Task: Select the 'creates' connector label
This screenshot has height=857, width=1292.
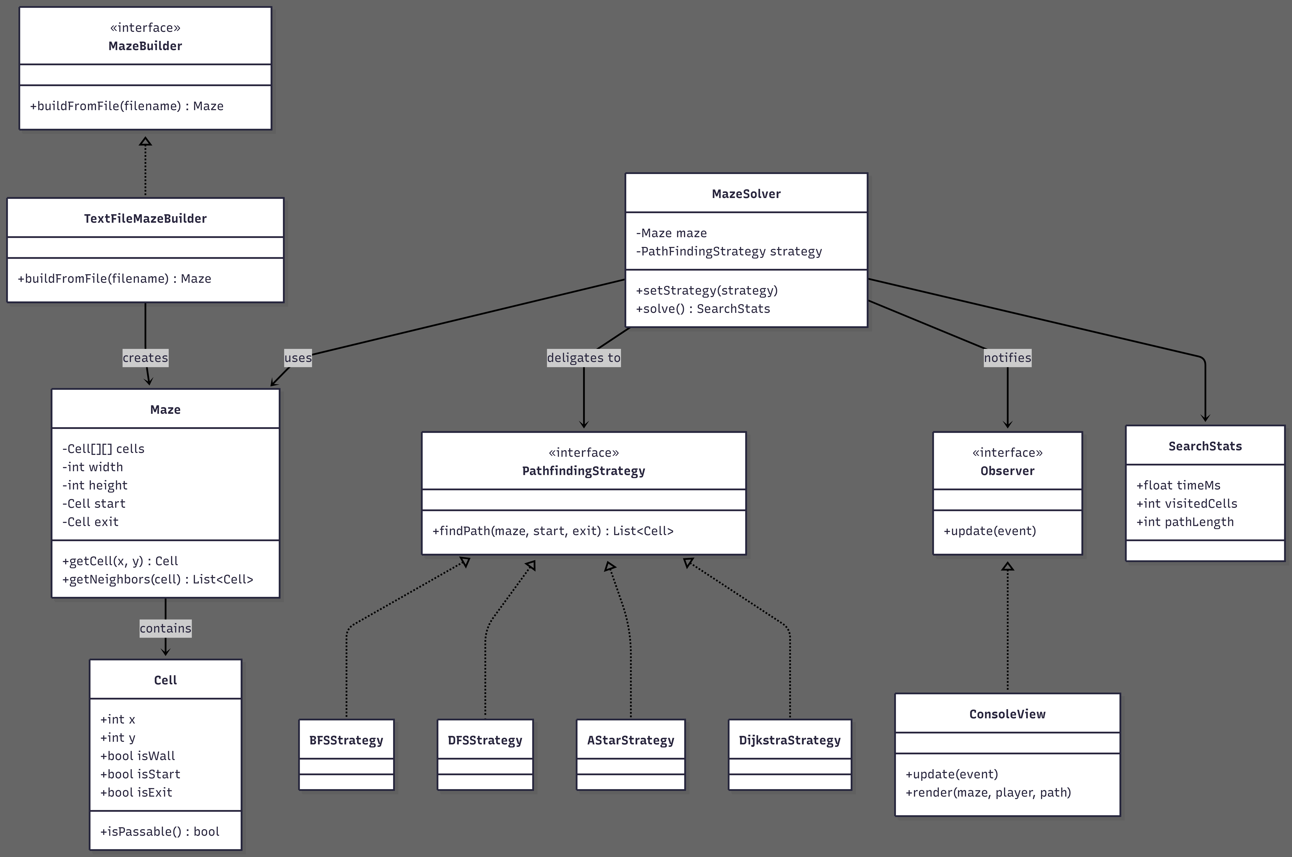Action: (145, 357)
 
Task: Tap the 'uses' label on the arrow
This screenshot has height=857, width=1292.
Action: (298, 357)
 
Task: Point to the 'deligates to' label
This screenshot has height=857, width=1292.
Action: (584, 357)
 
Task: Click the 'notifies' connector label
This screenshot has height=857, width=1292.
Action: (1008, 357)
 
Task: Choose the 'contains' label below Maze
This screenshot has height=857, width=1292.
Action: (166, 628)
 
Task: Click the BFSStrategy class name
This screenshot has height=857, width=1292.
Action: (346, 740)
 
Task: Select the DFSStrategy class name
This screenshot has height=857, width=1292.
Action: (485, 740)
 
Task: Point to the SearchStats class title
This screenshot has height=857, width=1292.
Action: (1205, 446)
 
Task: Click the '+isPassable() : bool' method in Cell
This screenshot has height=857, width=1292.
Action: (160, 831)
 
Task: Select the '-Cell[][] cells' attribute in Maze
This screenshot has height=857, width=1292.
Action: (103, 449)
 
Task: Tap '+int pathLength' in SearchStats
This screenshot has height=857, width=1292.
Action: (1185, 522)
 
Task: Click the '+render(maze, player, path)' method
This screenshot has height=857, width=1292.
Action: (988, 792)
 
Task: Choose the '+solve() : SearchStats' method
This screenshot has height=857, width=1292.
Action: (703, 309)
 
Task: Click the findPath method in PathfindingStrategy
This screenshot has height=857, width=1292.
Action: (553, 531)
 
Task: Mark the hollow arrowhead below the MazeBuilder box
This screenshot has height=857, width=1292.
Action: (145, 141)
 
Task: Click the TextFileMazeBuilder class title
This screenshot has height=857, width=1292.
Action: (145, 219)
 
